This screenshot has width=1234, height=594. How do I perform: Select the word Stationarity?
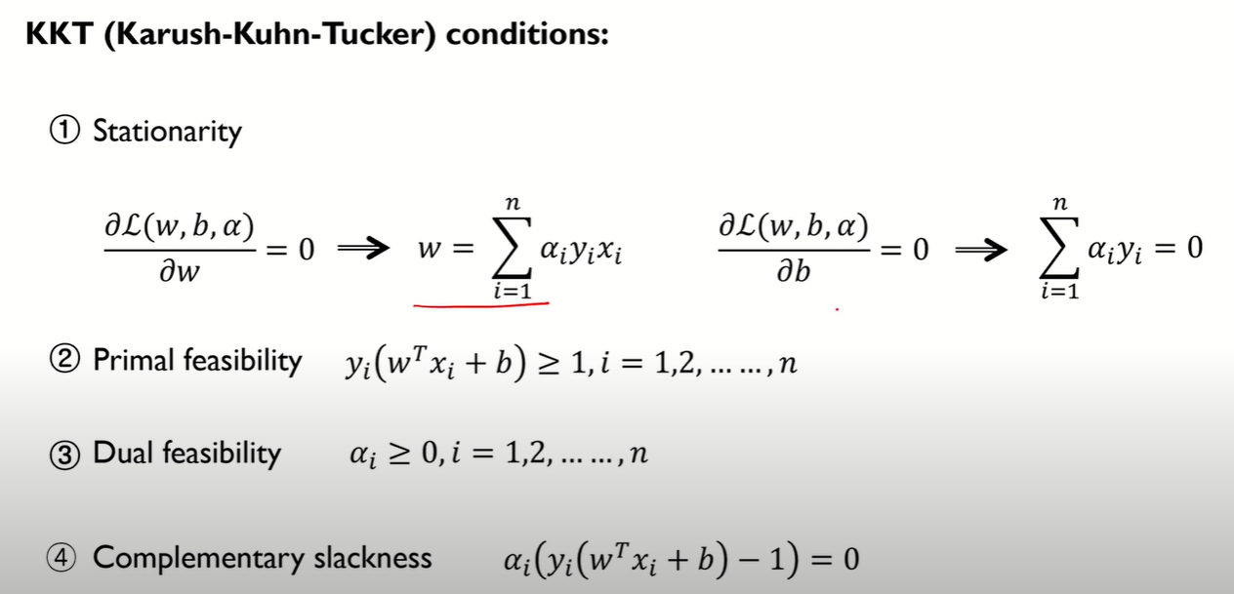coord(166,132)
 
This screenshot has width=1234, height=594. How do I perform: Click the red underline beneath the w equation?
coord(481,304)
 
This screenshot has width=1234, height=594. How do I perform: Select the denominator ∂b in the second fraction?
coord(795,272)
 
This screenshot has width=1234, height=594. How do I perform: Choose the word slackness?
coord(372,558)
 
